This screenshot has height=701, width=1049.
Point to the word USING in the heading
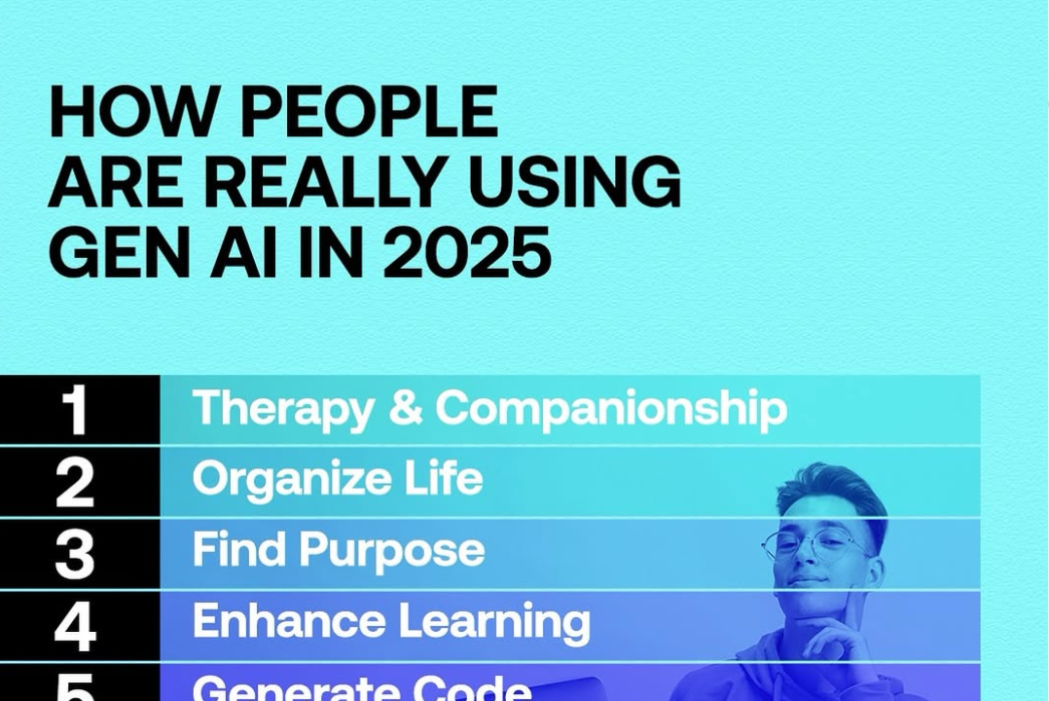574,181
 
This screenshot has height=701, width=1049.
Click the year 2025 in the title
467,252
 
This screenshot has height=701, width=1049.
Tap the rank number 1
75,411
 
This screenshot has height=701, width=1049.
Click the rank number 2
74,483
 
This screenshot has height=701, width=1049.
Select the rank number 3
74,554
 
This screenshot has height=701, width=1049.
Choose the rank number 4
75,626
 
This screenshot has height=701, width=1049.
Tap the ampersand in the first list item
406,407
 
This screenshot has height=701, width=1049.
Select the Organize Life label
337,480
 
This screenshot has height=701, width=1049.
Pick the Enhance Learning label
391,623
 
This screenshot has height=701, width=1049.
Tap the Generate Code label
362,687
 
